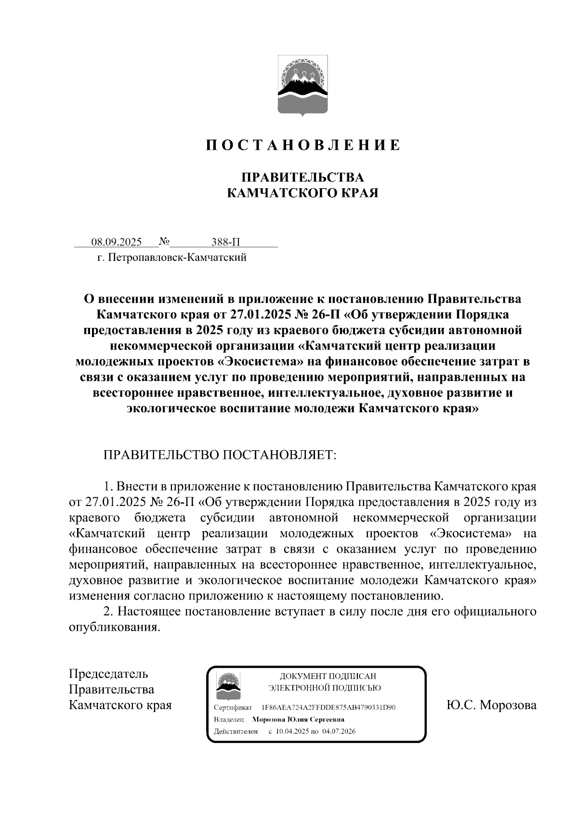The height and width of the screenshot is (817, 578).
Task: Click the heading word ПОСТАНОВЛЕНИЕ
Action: pyautogui.click(x=303, y=145)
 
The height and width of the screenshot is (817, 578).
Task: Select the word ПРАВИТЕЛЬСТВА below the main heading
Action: pyautogui.click(x=302, y=177)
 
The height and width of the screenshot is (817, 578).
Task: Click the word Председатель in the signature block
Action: pyautogui.click(x=109, y=674)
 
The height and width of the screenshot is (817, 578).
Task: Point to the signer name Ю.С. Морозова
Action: pyautogui.click(x=491, y=705)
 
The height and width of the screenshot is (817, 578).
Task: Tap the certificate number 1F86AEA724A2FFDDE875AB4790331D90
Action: pyautogui.click(x=328, y=708)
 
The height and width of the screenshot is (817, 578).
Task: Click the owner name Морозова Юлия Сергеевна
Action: pyautogui.click(x=298, y=720)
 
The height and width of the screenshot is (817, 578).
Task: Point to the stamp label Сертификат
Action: pyautogui.click(x=233, y=708)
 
